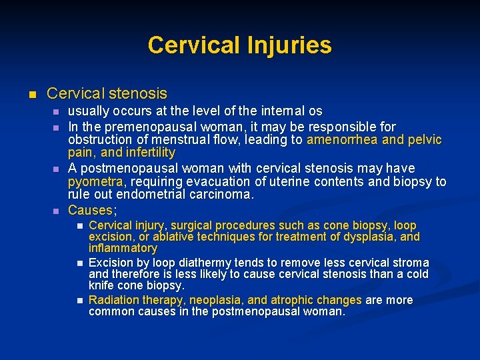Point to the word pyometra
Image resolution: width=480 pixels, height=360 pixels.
click(x=95, y=182)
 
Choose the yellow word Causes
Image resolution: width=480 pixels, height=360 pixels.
click(x=91, y=211)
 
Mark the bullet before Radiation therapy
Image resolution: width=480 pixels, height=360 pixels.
click(x=79, y=301)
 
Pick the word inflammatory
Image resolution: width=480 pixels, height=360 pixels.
click(x=123, y=249)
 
